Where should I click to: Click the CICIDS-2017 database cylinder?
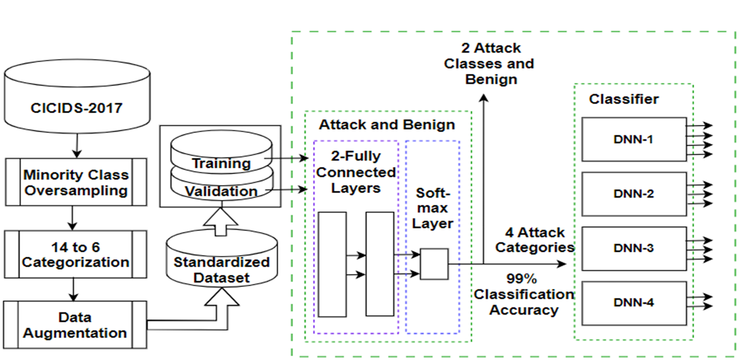point(77,96)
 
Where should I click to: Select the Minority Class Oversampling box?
point(76,182)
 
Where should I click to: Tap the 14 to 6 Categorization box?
point(76,255)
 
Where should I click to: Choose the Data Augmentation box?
point(75,325)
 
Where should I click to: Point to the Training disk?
point(221,152)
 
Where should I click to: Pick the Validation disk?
point(222,186)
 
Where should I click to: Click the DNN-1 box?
point(634,140)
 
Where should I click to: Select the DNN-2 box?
point(634,194)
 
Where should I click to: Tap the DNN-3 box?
point(634,248)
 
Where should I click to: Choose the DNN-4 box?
point(634,303)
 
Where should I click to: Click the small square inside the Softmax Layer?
point(434,264)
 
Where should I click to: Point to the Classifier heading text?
point(624,99)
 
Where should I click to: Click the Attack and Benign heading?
point(387,125)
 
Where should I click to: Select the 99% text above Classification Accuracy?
point(521,279)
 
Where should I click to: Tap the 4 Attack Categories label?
point(534,240)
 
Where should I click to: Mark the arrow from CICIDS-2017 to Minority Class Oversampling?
point(77,146)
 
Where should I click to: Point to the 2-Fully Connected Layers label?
point(356,172)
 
